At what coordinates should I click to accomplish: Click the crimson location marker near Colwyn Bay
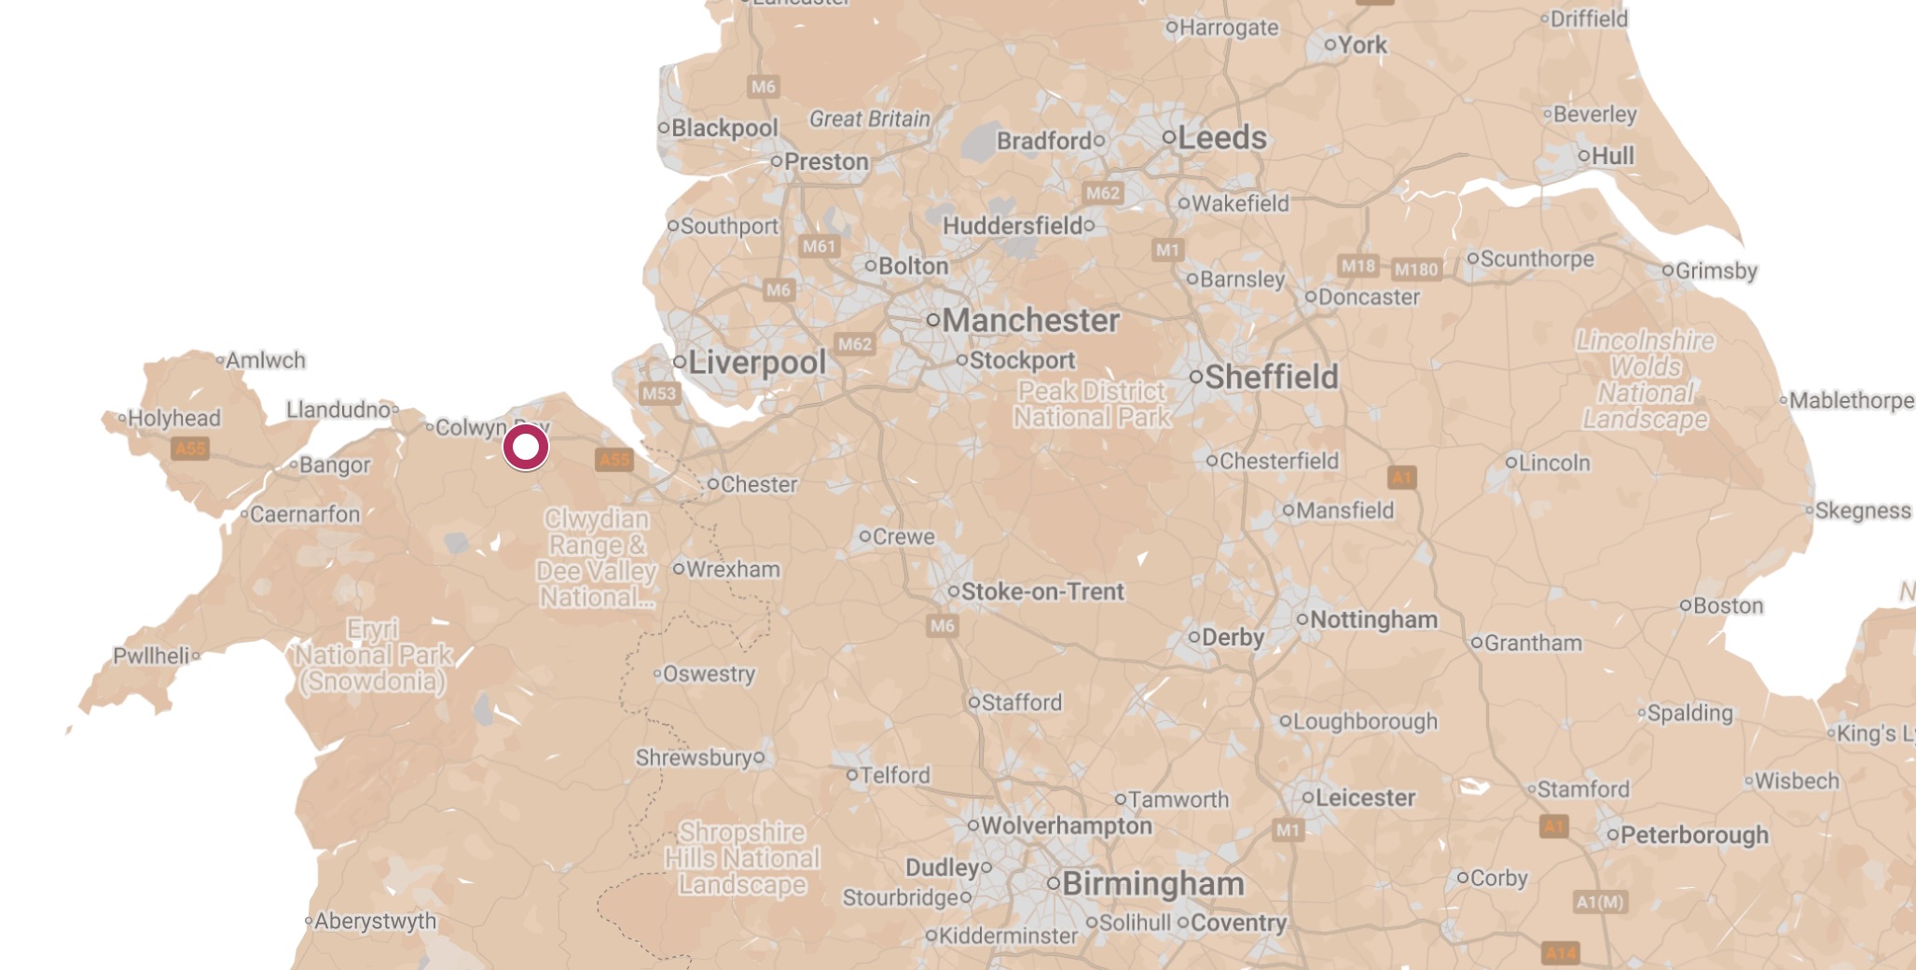point(526,448)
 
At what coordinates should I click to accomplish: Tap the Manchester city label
point(1030,321)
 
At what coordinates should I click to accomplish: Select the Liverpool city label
point(757,363)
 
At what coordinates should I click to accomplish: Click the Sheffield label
point(1271,378)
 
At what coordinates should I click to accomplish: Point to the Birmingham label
point(1152,883)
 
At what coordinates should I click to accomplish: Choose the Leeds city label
point(1221,138)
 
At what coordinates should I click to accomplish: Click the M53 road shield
point(658,394)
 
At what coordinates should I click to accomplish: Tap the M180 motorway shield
point(1415,270)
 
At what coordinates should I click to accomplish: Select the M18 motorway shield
point(1358,266)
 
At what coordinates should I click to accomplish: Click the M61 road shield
point(819,246)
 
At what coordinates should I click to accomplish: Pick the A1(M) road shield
point(1600,902)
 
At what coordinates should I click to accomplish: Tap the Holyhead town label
point(174,419)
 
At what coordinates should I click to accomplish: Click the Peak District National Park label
point(1092,405)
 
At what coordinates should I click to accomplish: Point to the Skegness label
point(1862,511)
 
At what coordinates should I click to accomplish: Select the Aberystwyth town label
point(375,921)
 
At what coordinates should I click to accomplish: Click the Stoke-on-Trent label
point(1042,592)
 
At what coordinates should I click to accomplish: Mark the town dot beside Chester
point(713,484)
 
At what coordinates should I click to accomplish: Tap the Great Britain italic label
point(869,119)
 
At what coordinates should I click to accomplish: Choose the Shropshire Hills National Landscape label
point(742,858)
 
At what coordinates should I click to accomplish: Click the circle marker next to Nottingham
point(1303,619)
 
